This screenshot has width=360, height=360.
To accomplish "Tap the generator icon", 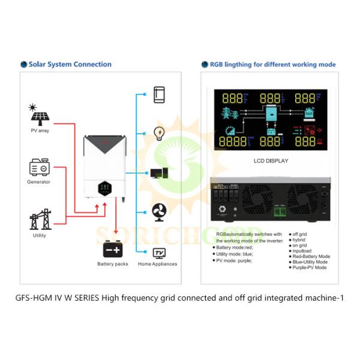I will (x=39, y=167).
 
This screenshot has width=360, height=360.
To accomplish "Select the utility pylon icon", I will (x=40, y=219).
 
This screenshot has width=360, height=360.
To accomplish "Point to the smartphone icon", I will (x=159, y=94).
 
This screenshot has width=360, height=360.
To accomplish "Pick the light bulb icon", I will (x=160, y=133).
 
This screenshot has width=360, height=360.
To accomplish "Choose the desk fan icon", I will (x=159, y=212).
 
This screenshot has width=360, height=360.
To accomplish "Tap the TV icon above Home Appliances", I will (x=159, y=252).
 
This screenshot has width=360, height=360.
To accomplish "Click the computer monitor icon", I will (x=158, y=173).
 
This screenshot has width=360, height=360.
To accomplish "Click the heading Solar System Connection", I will (x=69, y=64).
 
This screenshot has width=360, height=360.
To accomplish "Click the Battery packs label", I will (x=113, y=264).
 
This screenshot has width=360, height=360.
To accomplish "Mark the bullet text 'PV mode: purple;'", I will (x=236, y=260).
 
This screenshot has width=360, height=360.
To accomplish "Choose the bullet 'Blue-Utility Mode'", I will (x=310, y=262).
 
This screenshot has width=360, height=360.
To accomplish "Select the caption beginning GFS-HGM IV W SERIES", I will (x=180, y=298).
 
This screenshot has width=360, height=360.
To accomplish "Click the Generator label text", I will (x=38, y=182).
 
